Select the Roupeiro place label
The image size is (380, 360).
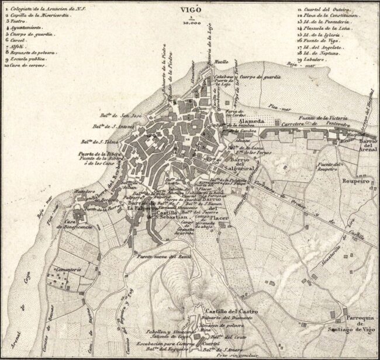pyautogui.click(x=357, y=182)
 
